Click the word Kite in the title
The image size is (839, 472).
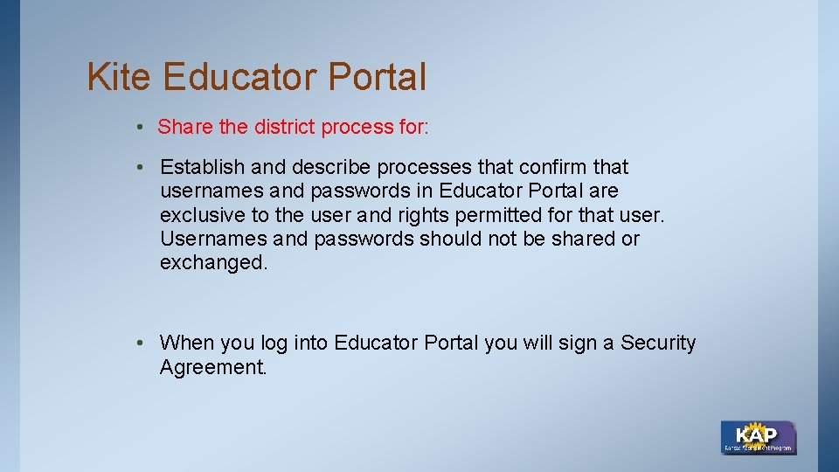click(x=120, y=77)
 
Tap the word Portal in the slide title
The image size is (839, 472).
click(x=377, y=77)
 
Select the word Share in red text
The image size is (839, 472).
click(x=185, y=127)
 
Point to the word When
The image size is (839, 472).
click(x=188, y=343)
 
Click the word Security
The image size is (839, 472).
click(x=658, y=343)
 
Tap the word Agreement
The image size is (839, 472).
click(x=212, y=367)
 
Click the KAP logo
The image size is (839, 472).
click(x=758, y=437)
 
